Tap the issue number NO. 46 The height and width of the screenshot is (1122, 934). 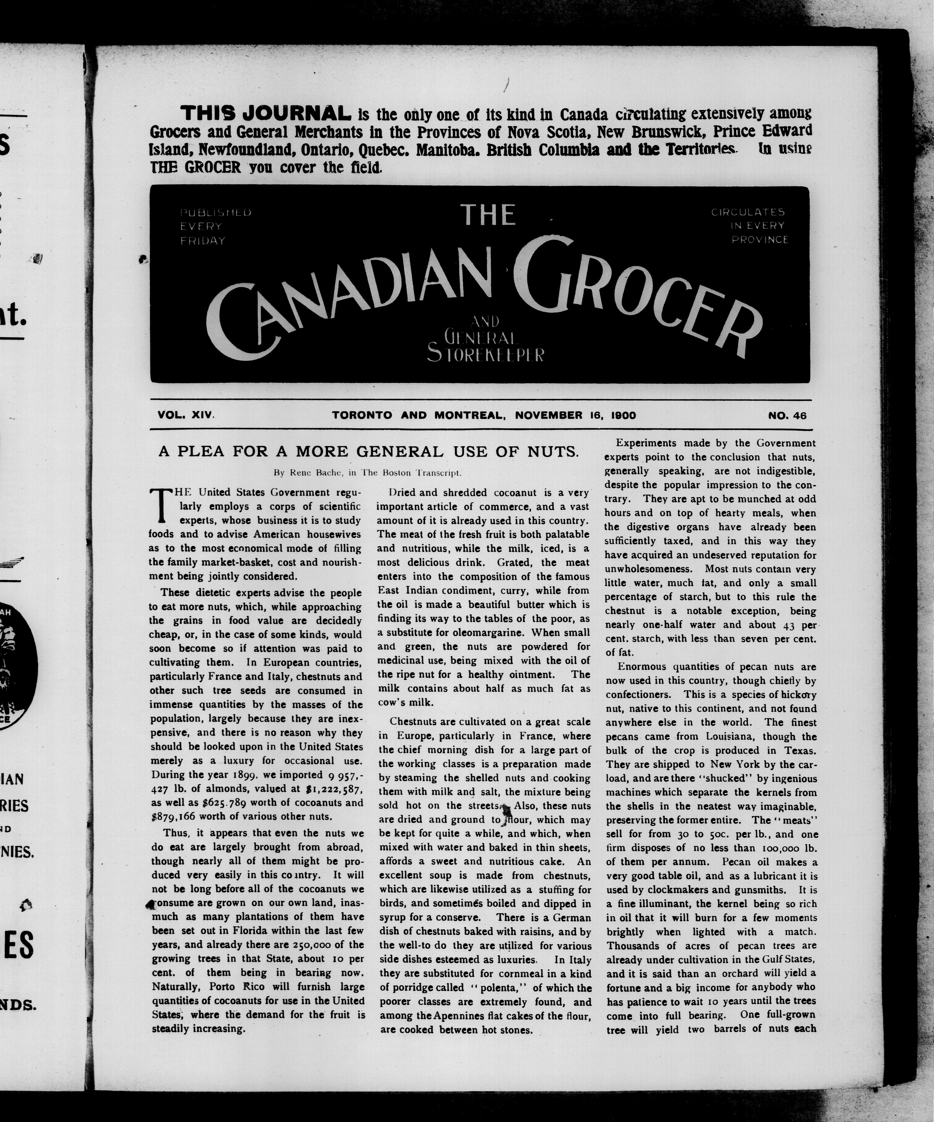coord(787,416)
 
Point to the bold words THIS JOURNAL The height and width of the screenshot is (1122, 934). coord(265,113)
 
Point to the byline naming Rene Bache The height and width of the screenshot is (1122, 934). coord(368,472)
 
